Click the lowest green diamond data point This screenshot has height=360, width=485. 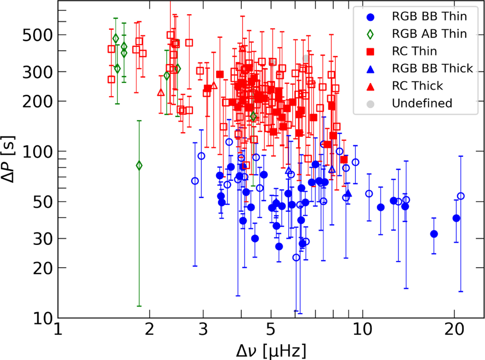pyautogui.click(x=139, y=165)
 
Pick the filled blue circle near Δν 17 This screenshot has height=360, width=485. pyautogui.click(x=434, y=234)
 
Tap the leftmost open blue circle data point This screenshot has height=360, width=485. pyautogui.click(x=195, y=181)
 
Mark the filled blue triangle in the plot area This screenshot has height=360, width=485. pyautogui.click(x=348, y=193)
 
